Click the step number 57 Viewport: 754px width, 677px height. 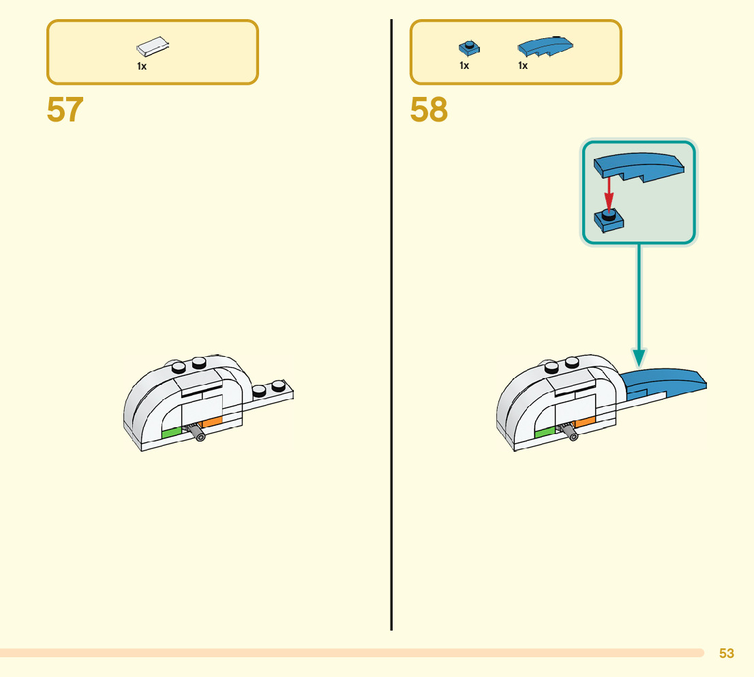click(65, 110)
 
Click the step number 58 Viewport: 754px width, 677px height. click(429, 110)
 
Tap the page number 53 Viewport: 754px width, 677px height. click(727, 653)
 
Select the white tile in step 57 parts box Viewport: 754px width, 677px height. click(153, 46)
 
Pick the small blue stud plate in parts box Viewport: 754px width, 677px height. click(468, 48)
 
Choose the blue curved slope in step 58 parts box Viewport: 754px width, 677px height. click(545, 46)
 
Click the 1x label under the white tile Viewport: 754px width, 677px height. click(142, 66)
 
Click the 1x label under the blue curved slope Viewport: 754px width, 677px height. click(523, 66)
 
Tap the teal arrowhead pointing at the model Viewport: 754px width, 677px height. click(639, 357)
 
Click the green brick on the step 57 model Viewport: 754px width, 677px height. click(171, 431)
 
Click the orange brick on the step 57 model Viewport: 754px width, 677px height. click(212, 422)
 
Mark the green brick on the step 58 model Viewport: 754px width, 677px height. click(545, 432)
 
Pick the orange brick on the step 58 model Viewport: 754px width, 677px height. click(585, 422)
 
